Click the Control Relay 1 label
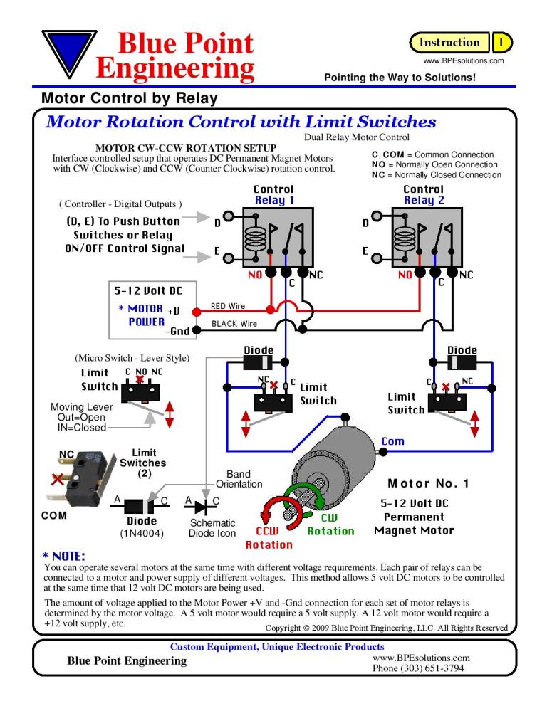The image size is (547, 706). pyautogui.click(x=273, y=195)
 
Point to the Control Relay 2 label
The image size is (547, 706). pyautogui.click(x=423, y=195)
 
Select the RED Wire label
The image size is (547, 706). pyautogui.click(x=228, y=307)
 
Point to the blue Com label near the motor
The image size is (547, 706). pyautogui.click(x=392, y=441)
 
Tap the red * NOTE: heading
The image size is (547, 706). pyautogui.click(x=65, y=554)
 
